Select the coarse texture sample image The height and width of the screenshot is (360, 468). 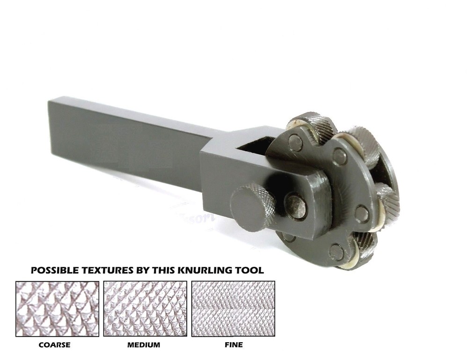click(x=57, y=309)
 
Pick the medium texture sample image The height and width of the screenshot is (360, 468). click(x=145, y=309)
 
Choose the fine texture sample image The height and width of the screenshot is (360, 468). click(x=233, y=309)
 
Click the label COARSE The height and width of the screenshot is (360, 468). click(x=55, y=345)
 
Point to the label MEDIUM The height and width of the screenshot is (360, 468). click(x=143, y=345)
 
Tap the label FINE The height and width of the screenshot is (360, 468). click(x=234, y=345)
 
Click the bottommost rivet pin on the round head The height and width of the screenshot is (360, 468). click(x=336, y=252)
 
